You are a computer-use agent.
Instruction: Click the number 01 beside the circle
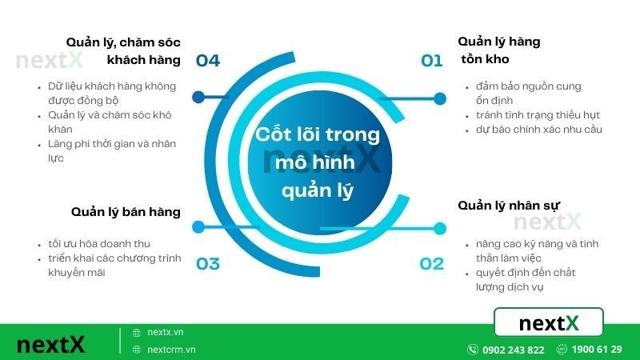tap(432, 60)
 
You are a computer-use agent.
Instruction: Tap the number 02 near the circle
tap(432, 263)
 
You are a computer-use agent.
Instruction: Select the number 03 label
tap(207, 263)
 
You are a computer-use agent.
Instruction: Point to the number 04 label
tap(207, 60)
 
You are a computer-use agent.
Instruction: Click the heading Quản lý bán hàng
tap(126, 212)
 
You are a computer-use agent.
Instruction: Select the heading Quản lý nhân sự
tap(509, 206)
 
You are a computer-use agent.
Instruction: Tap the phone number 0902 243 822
tap(514, 350)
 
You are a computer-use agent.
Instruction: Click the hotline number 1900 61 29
tap(598, 350)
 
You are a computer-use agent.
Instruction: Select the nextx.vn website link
tap(166, 332)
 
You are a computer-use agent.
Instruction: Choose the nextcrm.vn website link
tap(171, 350)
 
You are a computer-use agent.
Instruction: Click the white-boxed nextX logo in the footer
tap(549, 323)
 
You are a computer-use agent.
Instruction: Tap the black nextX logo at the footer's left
tap(50, 345)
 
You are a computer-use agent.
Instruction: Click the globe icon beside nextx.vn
tap(137, 332)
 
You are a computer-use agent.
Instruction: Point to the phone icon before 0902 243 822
tap(473, 350)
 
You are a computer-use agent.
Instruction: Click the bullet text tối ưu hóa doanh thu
tap(98, 243)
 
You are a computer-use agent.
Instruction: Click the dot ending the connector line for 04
tap(198, 98)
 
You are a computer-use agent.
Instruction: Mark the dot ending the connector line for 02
tap(438, 228)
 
